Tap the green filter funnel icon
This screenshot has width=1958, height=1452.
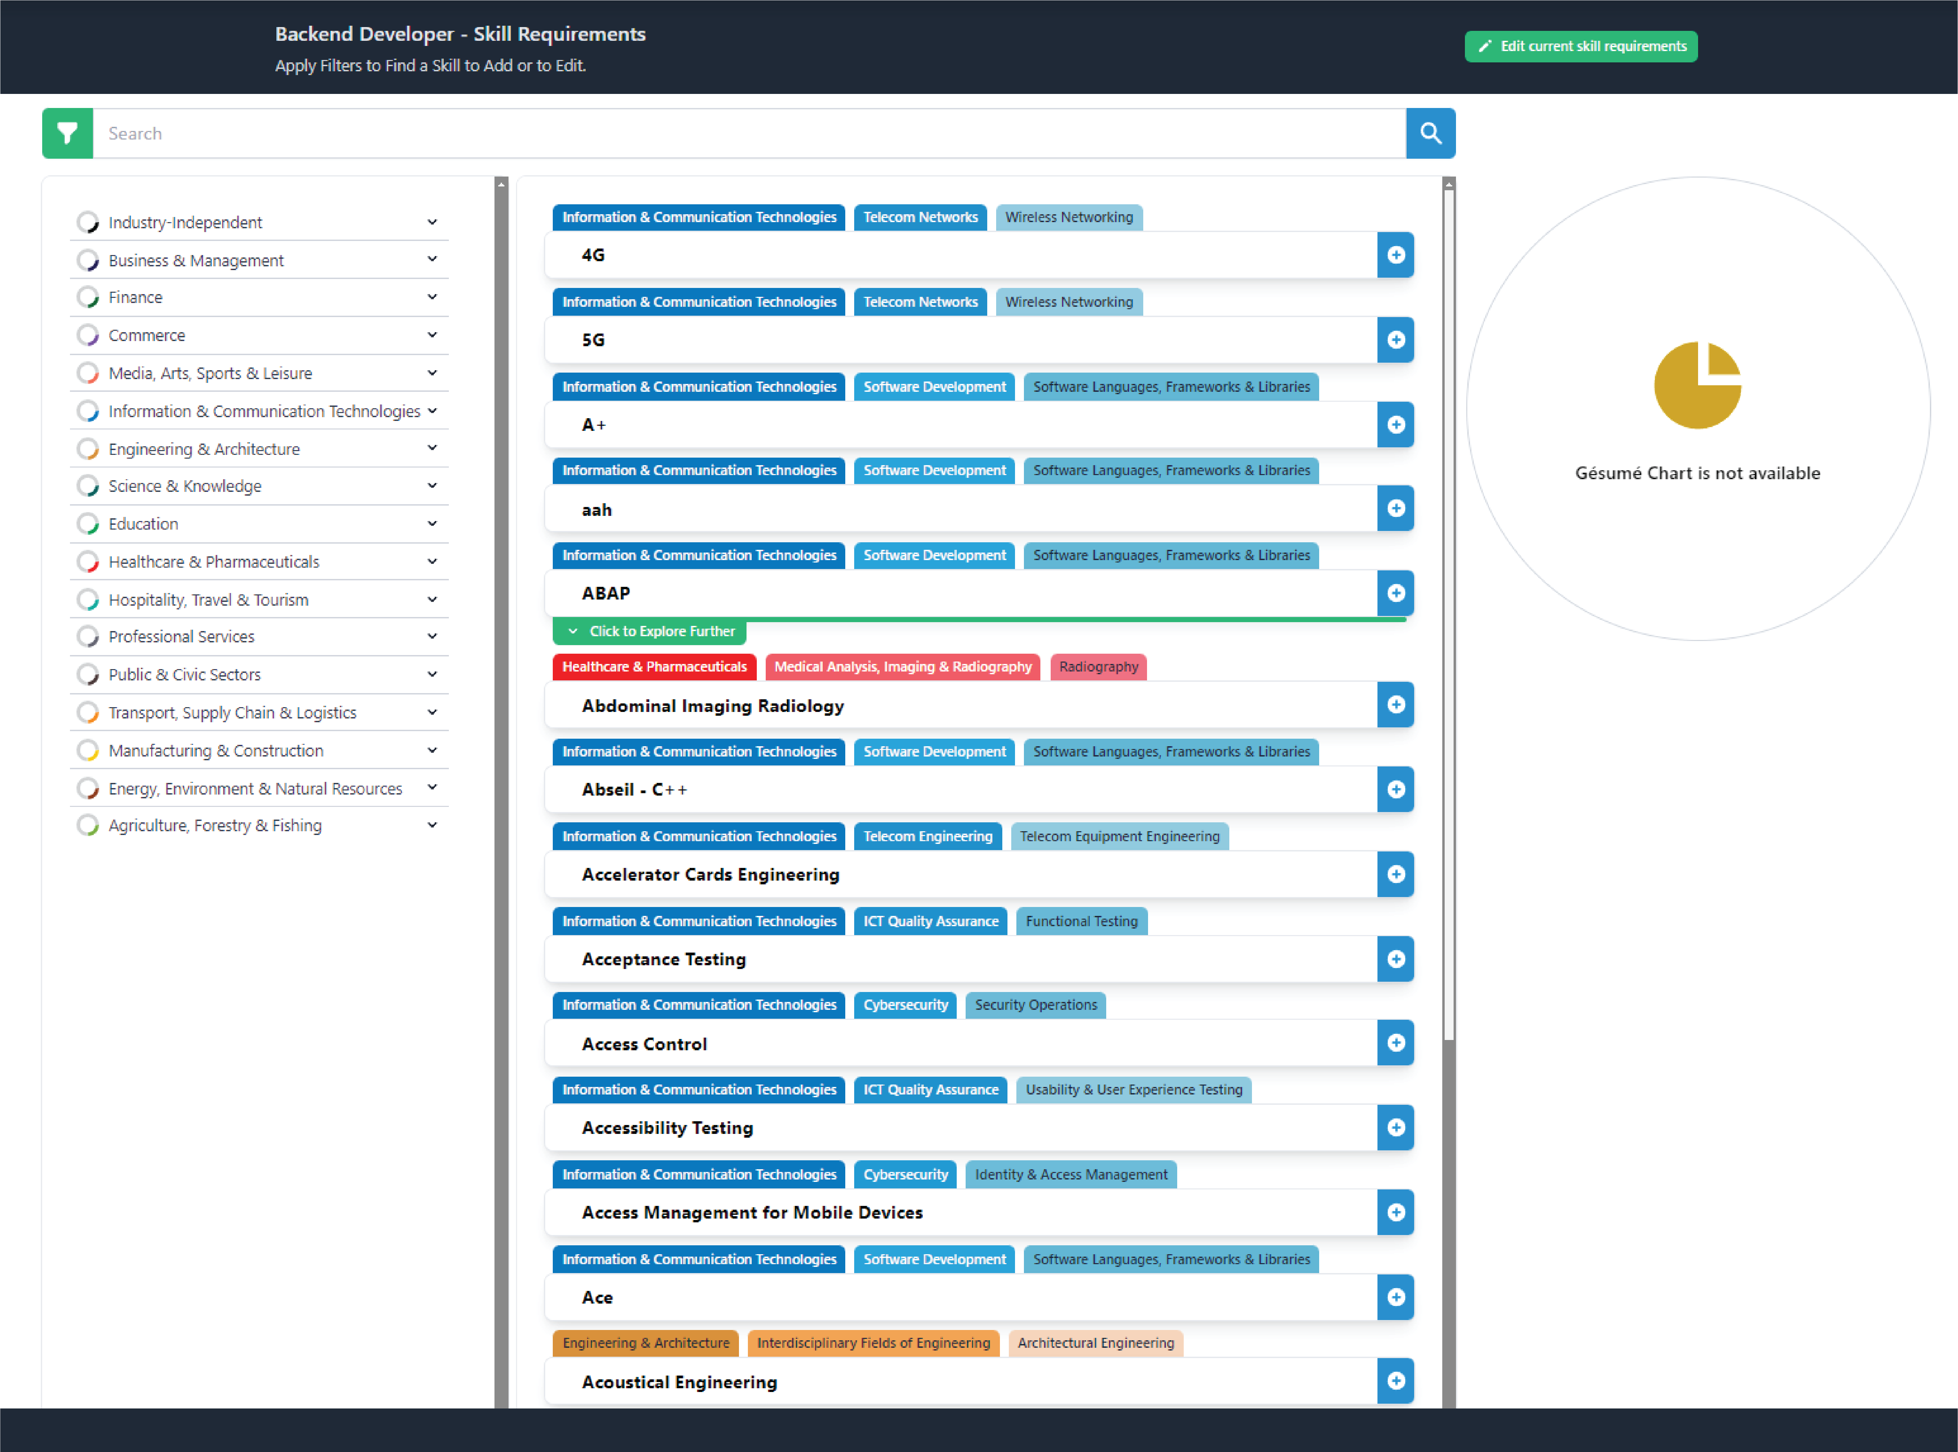pos(68,134)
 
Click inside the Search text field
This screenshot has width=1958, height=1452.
pos(747,134)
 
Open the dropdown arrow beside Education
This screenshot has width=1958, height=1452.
pos(432,524)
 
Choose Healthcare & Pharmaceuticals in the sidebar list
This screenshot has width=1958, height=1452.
pos(214,562)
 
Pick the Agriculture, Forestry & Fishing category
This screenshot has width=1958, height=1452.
pos(215,825)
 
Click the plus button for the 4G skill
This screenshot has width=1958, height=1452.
pos(1395,255)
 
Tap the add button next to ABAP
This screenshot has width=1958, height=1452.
pos(1395,593)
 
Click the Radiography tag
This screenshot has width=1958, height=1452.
pos(1098,667)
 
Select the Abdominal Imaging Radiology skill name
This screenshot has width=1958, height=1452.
pos(712,706)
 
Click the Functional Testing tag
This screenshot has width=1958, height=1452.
pos(1082,921)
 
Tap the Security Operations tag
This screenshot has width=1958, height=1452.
pos(1036,1005)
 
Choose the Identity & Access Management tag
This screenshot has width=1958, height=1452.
pos(1071,1174)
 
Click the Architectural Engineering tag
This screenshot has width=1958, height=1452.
pos(1096,1343)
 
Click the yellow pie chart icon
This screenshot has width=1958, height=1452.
pos(1697,385)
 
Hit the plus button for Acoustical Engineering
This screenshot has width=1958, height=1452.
pos(1395,1381)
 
